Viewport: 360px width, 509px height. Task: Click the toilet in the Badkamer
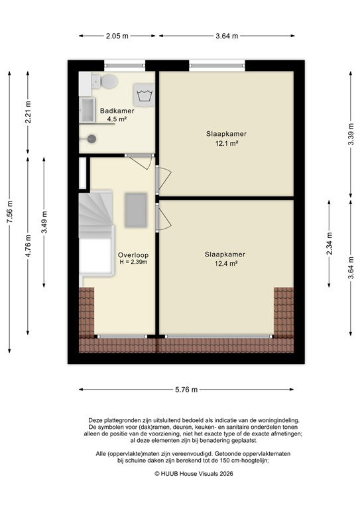point(108,81)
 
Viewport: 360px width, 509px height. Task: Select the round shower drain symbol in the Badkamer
point(91,139)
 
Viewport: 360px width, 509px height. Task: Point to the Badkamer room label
point(117,111)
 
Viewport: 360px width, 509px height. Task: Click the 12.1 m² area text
point(225,143)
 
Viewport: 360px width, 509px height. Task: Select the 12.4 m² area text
point(225,263)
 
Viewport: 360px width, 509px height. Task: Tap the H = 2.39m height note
point(133,262)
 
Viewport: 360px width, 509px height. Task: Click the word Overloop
point(133,254)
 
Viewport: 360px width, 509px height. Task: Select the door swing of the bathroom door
point(141,161)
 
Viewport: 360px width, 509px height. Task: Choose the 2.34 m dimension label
point(330,244)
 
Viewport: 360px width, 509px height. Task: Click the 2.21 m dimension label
point(28,113)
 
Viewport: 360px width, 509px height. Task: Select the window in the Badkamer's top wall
point(124,64)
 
